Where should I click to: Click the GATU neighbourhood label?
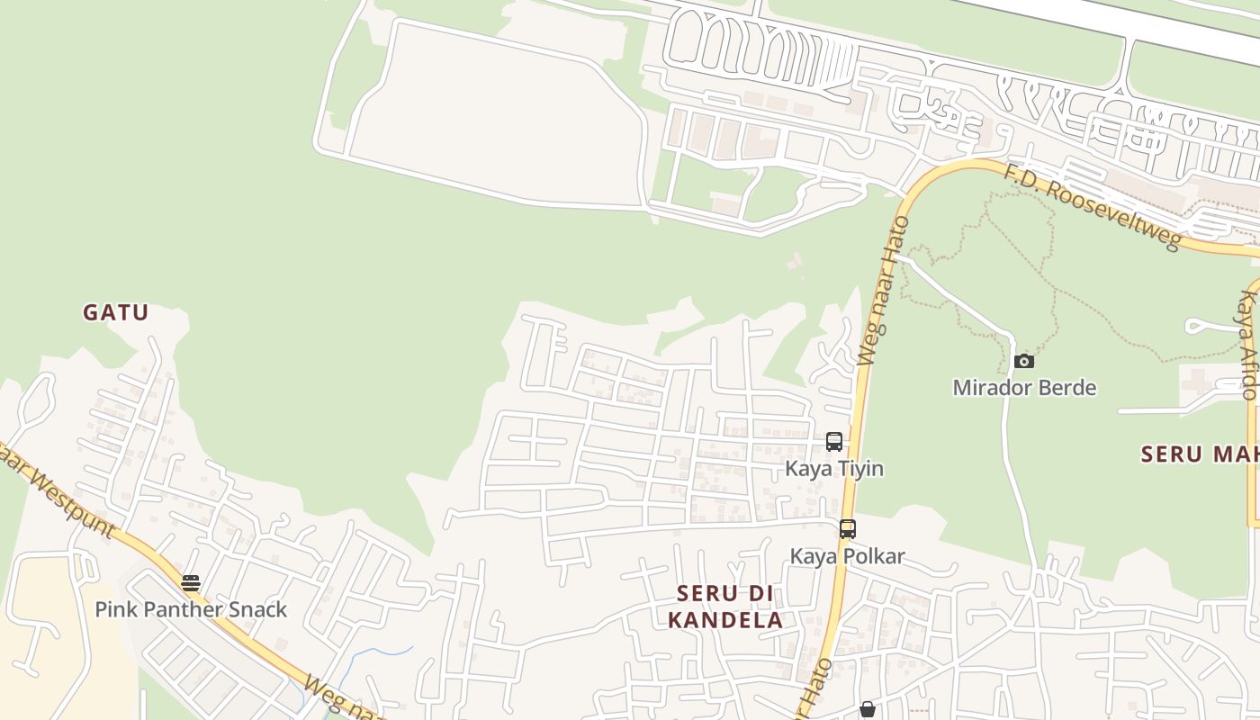[x=115, y=313]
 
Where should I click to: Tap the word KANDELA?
[x=724, y=620]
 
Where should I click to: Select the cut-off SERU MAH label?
[x=1199, y=454]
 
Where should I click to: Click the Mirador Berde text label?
[x=1024, y=388]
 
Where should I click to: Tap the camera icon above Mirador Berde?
[x=1024, y=361]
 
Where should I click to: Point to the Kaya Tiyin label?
[x=834, y=469]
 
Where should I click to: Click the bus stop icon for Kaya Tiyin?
[x=834, y=442]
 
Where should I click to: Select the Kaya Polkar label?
[x=847, y=556]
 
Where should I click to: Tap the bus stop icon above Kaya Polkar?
[x=847, y=529]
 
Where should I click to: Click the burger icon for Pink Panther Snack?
[x=191, y=582]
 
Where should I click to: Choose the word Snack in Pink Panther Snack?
[x=256, y=609]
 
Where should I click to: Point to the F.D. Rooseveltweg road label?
[x=1092, y=208]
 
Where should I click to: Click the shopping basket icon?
[x=867, y=710]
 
